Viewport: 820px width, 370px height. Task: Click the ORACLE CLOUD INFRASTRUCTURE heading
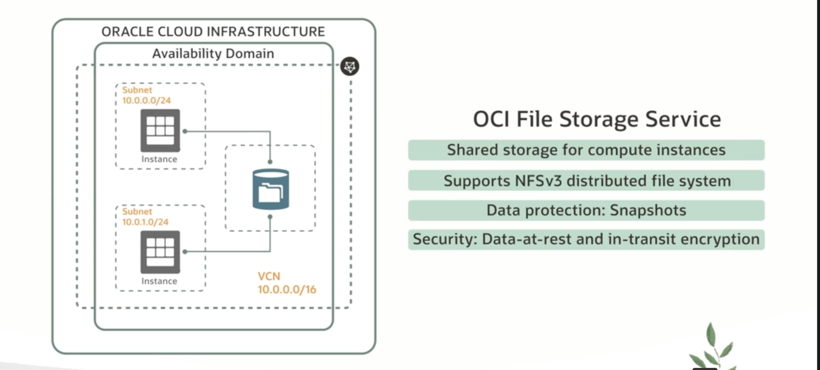click(213, 32)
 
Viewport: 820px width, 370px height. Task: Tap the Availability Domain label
click(213, 54)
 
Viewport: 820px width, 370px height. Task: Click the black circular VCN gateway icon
click(349, 66)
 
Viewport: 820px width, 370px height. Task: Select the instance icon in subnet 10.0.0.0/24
click(160, 130)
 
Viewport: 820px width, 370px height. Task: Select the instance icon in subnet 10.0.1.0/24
click(160, 252)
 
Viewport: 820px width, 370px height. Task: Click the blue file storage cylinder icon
click(271, 189)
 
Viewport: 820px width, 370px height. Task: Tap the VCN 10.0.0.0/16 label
click(286, 283)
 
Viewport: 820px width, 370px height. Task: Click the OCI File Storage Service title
click(597, 119)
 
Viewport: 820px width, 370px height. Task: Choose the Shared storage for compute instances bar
click(586, 150)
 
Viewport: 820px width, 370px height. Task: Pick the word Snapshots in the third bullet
click(648, 210)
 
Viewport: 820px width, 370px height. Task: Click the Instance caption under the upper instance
click(159, 159)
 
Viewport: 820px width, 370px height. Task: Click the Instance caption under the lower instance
click(159, 281)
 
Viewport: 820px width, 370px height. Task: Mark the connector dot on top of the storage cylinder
click(270, 162)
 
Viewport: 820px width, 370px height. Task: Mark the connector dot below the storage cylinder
click(270, 217)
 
